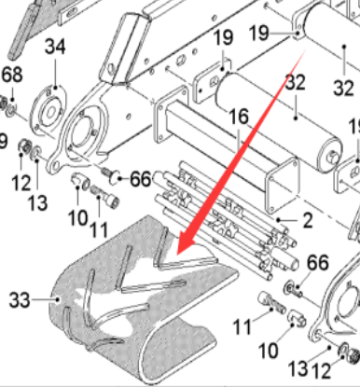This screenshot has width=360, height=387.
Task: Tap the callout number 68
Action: [x=11, y=74]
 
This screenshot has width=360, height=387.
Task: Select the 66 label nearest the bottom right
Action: [x=318, y=264]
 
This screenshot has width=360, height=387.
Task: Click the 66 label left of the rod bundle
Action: [x=140, y=177]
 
